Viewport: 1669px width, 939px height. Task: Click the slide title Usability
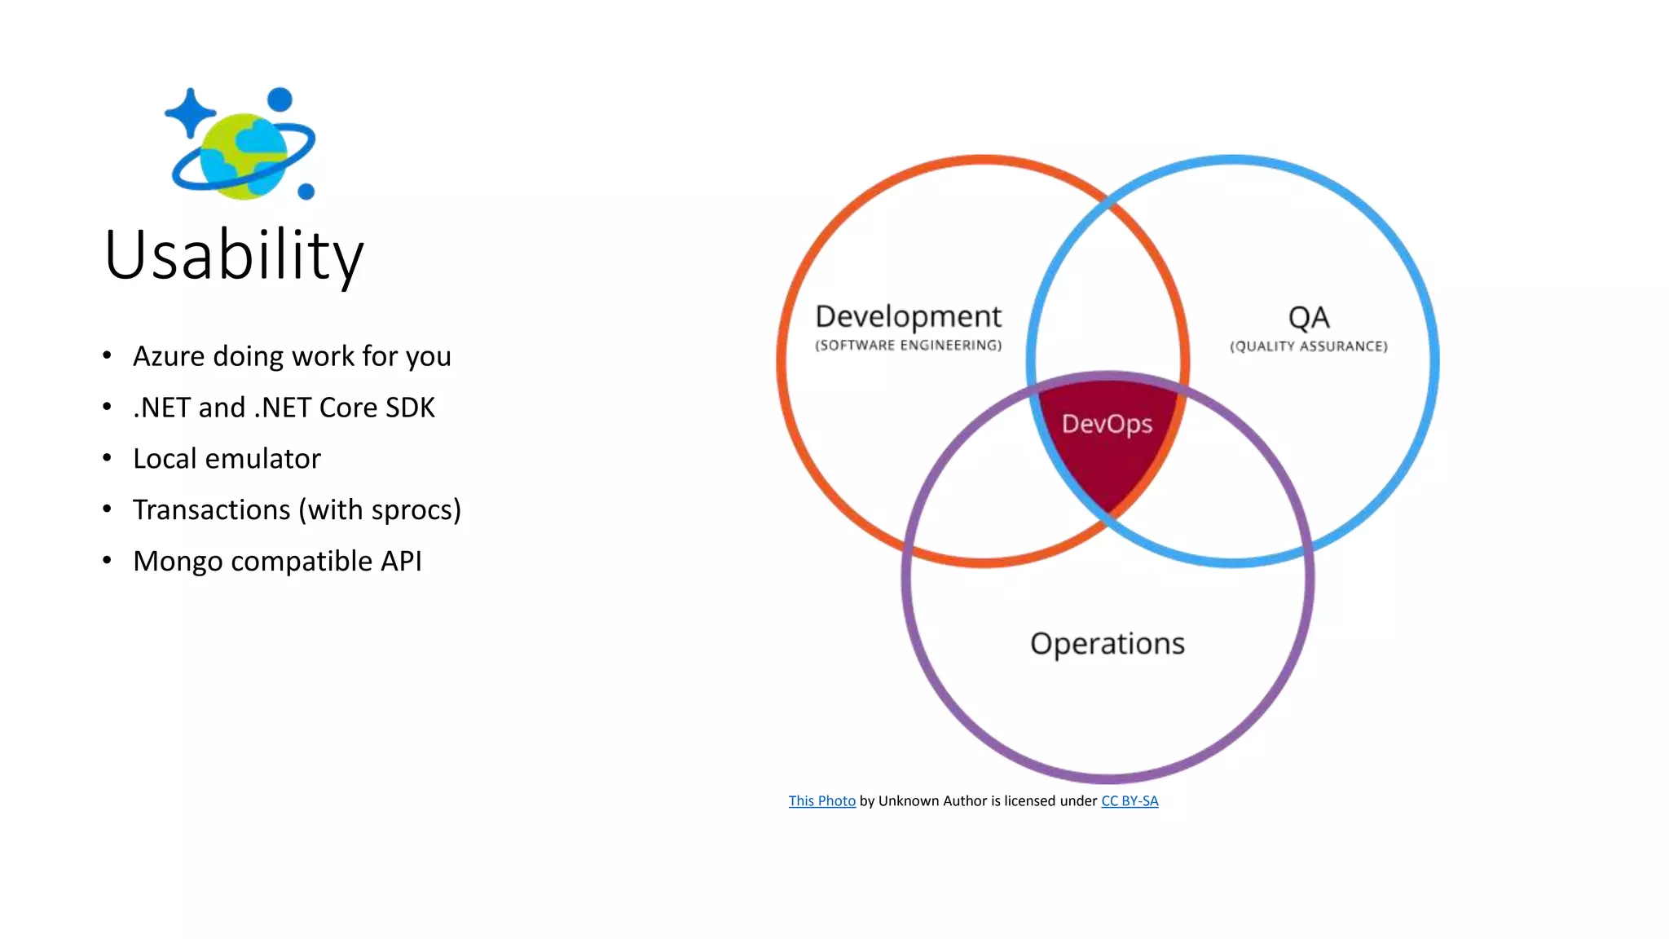pyautogui.click(x=234, y=256)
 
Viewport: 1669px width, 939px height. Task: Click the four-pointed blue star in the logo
pyautogui.click(x=190, y=112)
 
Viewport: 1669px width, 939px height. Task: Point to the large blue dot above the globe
pyautogui.click(x=280, y=99)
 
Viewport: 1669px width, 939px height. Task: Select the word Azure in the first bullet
pyautogui.click(x=169, y=357)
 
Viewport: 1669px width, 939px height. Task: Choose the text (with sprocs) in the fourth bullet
pyautogui.click(x=380, y=510)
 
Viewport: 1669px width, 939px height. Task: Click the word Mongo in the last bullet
pyautogui.click(x=178, y=562)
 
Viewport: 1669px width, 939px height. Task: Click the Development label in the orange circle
pyautogui.click(x=908, y=316)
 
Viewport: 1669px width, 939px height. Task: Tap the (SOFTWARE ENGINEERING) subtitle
pyautogui.click(x=908, y=346)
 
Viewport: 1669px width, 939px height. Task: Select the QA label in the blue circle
pyautogui.click(x=1308, y=318)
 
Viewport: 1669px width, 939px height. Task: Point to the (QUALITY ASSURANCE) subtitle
pyautogui.click(x=1308, y=346)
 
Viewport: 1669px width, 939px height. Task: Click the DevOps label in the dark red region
pyautogui.click(x=1107, y=424)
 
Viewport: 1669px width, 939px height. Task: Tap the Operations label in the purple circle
pyautogui.click(x=1107, y=644)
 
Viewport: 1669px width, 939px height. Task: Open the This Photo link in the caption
pyautogui.click(x=821, y=801)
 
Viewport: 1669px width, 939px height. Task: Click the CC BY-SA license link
pyautogui.click(x=1130, y=801)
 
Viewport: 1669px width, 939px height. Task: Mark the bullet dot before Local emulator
pyautogui.click(x=107, y=458)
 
